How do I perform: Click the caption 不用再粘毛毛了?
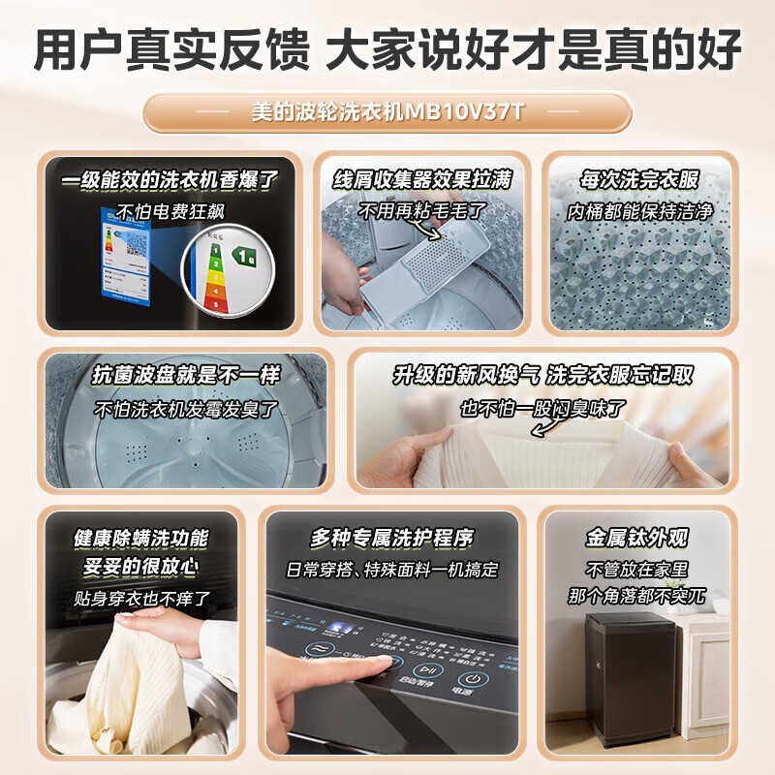[x=421, y=210]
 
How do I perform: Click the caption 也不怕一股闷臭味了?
[x=542, y=408]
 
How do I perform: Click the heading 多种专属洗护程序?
[x=392, y=538]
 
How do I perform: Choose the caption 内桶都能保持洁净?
[x=639, y=210]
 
